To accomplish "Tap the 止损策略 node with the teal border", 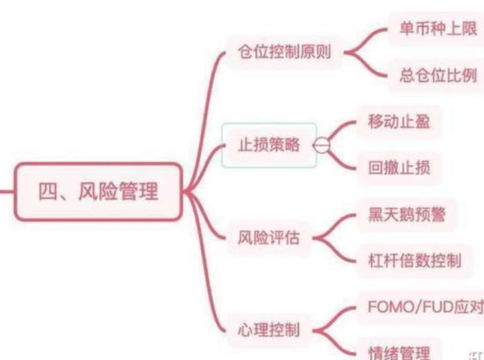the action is coord(269,145).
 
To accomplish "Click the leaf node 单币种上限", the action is coord(437,30).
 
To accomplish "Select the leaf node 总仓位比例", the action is coord(437,75).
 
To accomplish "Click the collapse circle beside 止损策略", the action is coord(322,145).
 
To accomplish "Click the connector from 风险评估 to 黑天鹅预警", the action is coord(332,225).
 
